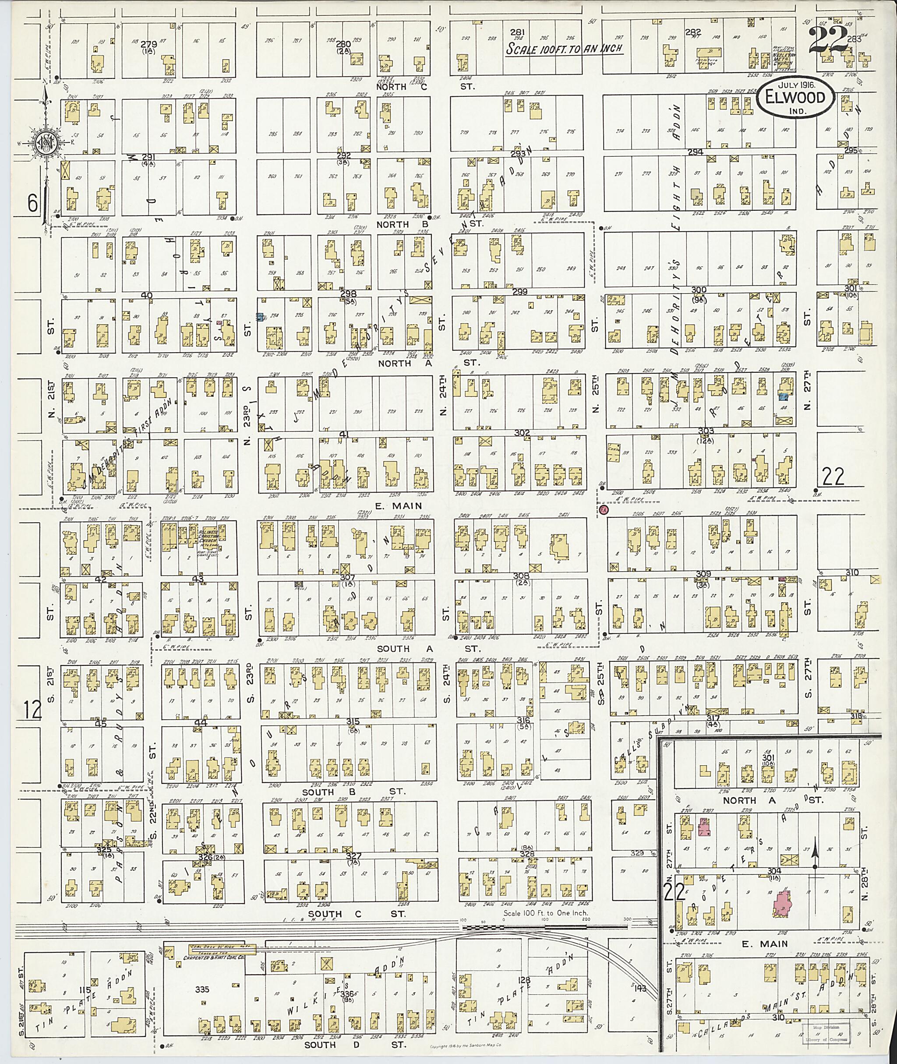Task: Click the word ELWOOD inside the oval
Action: click(796, 98)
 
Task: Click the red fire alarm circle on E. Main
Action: click(604, 509)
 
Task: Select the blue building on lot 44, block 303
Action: click(784, 395)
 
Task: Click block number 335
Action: click(202, 989)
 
